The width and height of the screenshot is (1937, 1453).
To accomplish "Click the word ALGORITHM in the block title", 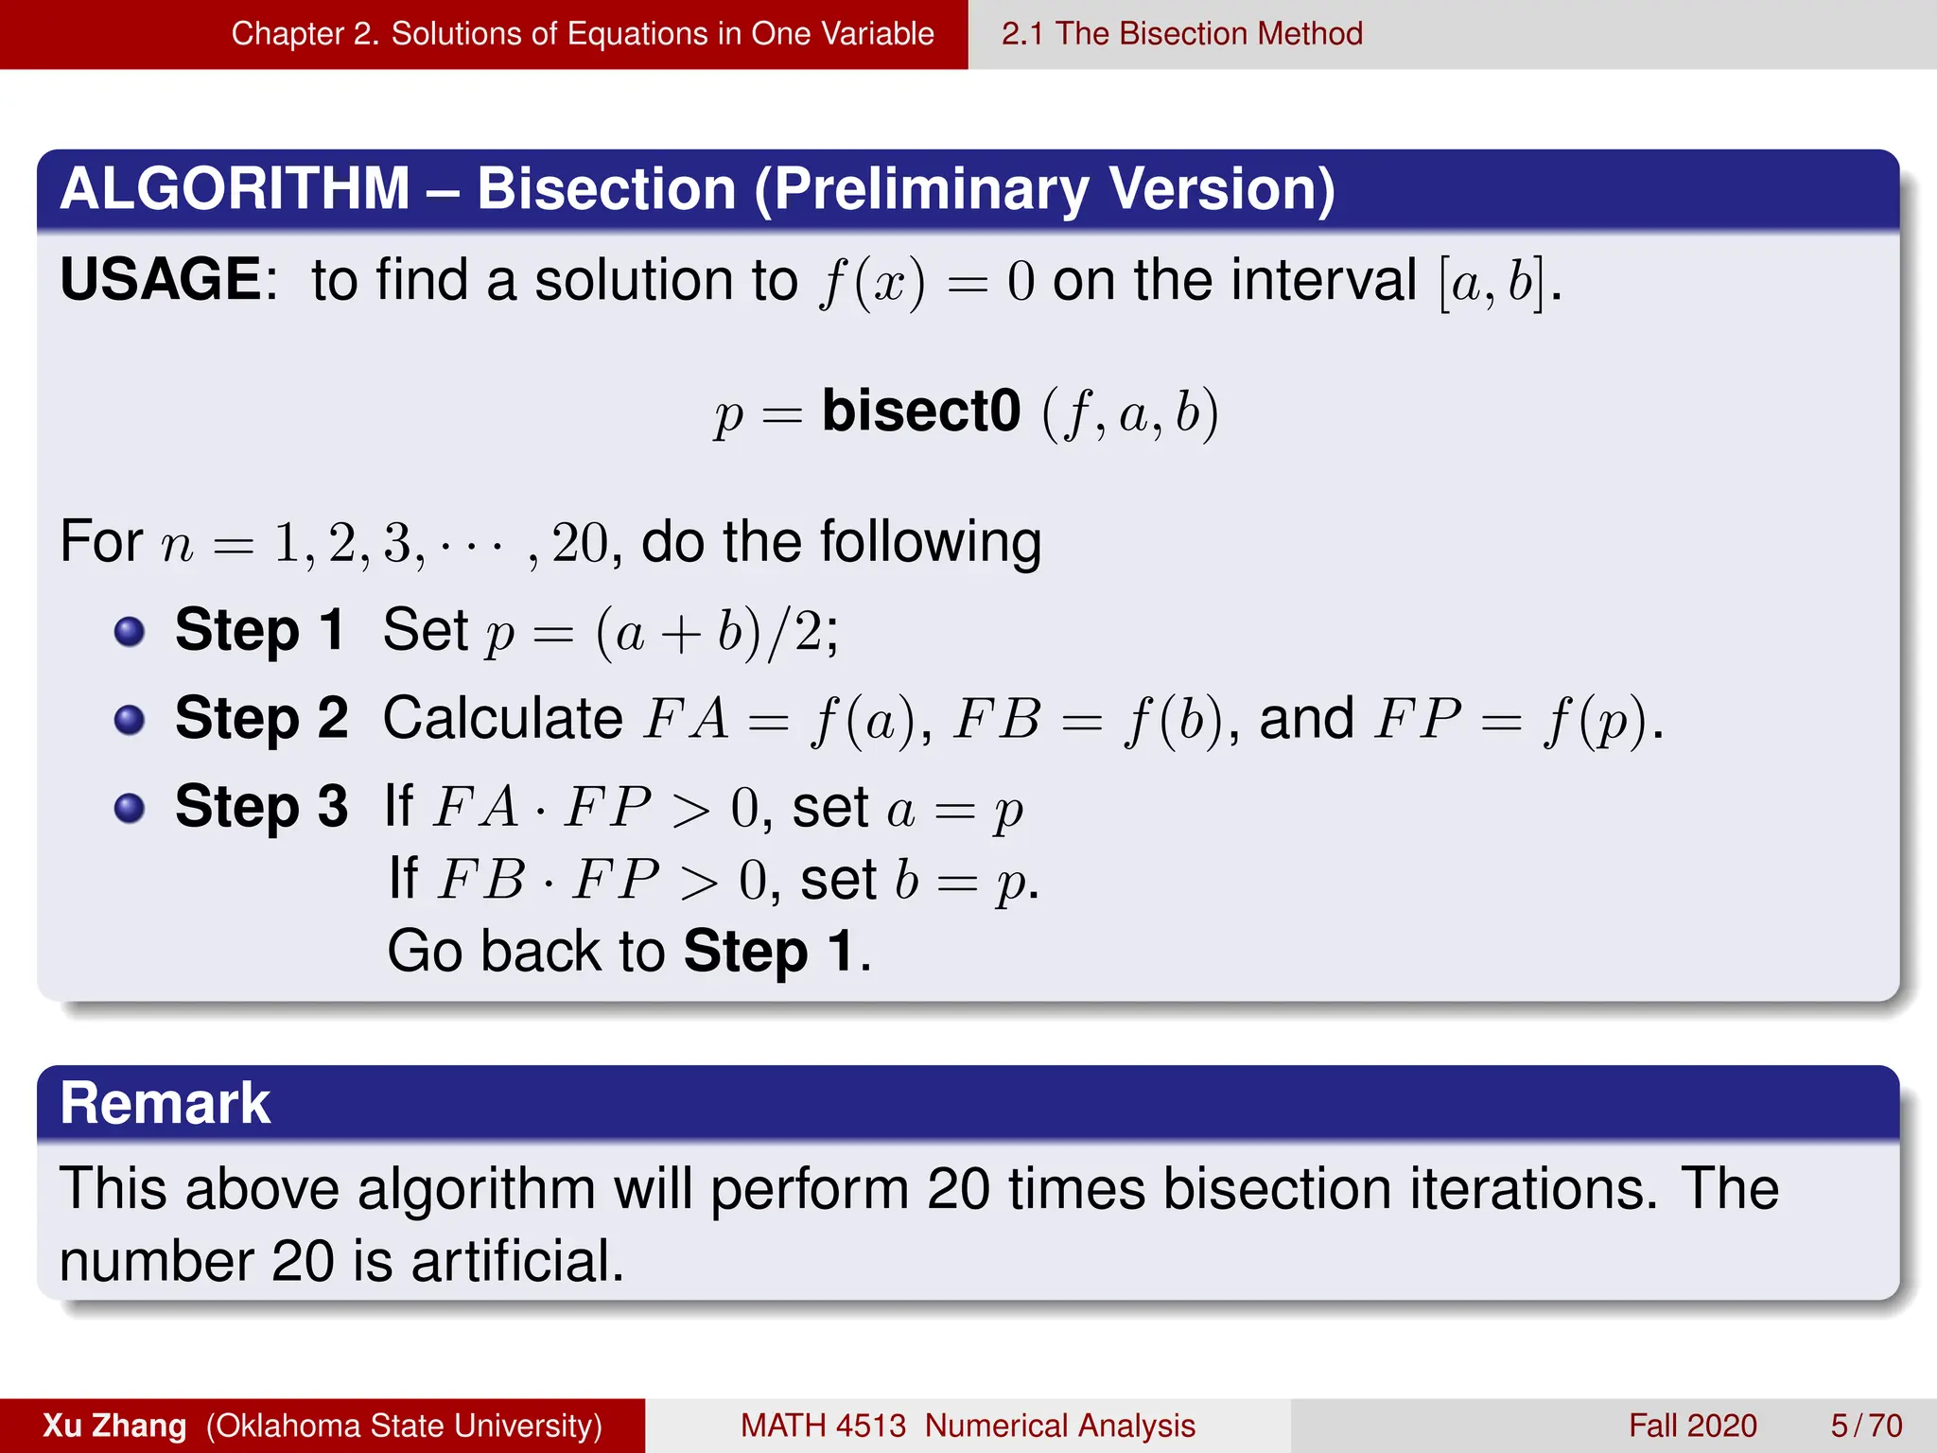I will [x=235, y=188].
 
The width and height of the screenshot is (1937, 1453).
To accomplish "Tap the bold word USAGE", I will [x=161, y=280].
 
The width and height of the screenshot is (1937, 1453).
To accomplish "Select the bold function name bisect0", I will [x=921, y=411].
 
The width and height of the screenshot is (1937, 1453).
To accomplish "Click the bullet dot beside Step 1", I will [x=130, y=631].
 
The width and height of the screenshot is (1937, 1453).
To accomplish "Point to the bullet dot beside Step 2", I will [x=130, y=720].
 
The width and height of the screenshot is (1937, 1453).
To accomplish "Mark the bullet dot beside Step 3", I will [x=130, y=808].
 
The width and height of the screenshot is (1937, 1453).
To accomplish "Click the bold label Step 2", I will [x=261, y=718].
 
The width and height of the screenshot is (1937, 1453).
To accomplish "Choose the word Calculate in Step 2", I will [x=502, y=718].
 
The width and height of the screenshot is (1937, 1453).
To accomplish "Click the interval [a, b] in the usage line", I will [x=1492, y=282].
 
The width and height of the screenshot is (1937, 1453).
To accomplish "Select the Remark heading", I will [x=166, y=1103].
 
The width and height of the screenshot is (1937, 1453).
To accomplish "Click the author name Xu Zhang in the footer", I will [x=114, y=1426].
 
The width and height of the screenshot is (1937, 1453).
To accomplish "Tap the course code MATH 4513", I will [x=823, y=1426].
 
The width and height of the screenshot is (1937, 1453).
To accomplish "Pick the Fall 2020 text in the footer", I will [x=1692, y=1426].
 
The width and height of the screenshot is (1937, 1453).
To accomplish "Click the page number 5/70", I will [x=1866, y=1426].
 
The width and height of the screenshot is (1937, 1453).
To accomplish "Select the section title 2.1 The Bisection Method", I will [x=1181, y=34].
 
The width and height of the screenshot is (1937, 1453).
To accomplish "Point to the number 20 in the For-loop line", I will [x=580, y=544].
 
